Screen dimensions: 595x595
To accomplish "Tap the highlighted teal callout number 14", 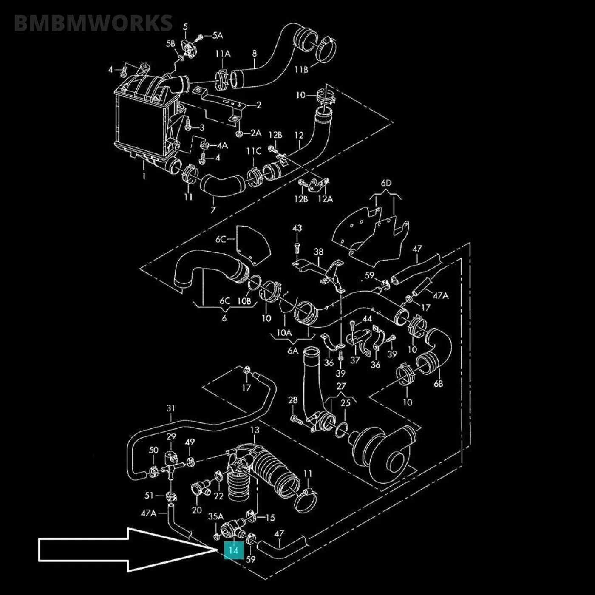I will [233, 550].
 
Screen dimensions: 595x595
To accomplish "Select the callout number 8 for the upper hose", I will [255, 54].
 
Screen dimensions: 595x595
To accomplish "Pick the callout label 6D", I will [386, 184].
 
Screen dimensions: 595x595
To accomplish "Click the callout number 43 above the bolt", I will [297, 228].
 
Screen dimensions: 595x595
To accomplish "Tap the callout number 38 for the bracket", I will [318, 252].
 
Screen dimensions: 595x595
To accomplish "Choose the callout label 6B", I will [438, 383].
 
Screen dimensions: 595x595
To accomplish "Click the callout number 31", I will [170, 408].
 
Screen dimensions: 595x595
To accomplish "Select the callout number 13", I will [254, 431].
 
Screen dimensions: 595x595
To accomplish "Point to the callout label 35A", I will [215, 517].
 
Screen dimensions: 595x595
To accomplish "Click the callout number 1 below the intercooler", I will [144, 176].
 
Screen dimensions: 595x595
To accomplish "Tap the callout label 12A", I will [325, 199].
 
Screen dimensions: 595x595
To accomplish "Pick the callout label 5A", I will [217, 36].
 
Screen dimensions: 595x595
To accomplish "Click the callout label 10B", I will [244, 301].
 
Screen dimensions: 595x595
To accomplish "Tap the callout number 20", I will [197, 510].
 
